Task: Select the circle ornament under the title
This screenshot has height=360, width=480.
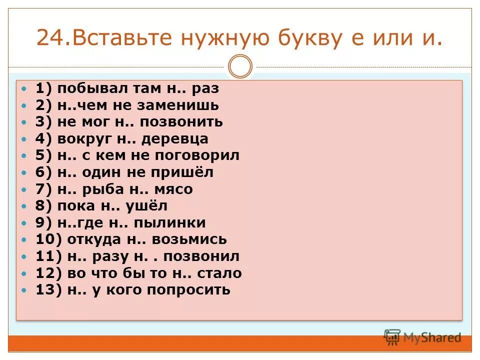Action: [240, 66]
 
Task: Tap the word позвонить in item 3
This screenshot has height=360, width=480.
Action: [181, 122]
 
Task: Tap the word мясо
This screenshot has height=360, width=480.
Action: [174, 189]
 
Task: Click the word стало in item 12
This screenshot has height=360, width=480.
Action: [221, 273]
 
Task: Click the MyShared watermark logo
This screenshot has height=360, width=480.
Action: [422, 337]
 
